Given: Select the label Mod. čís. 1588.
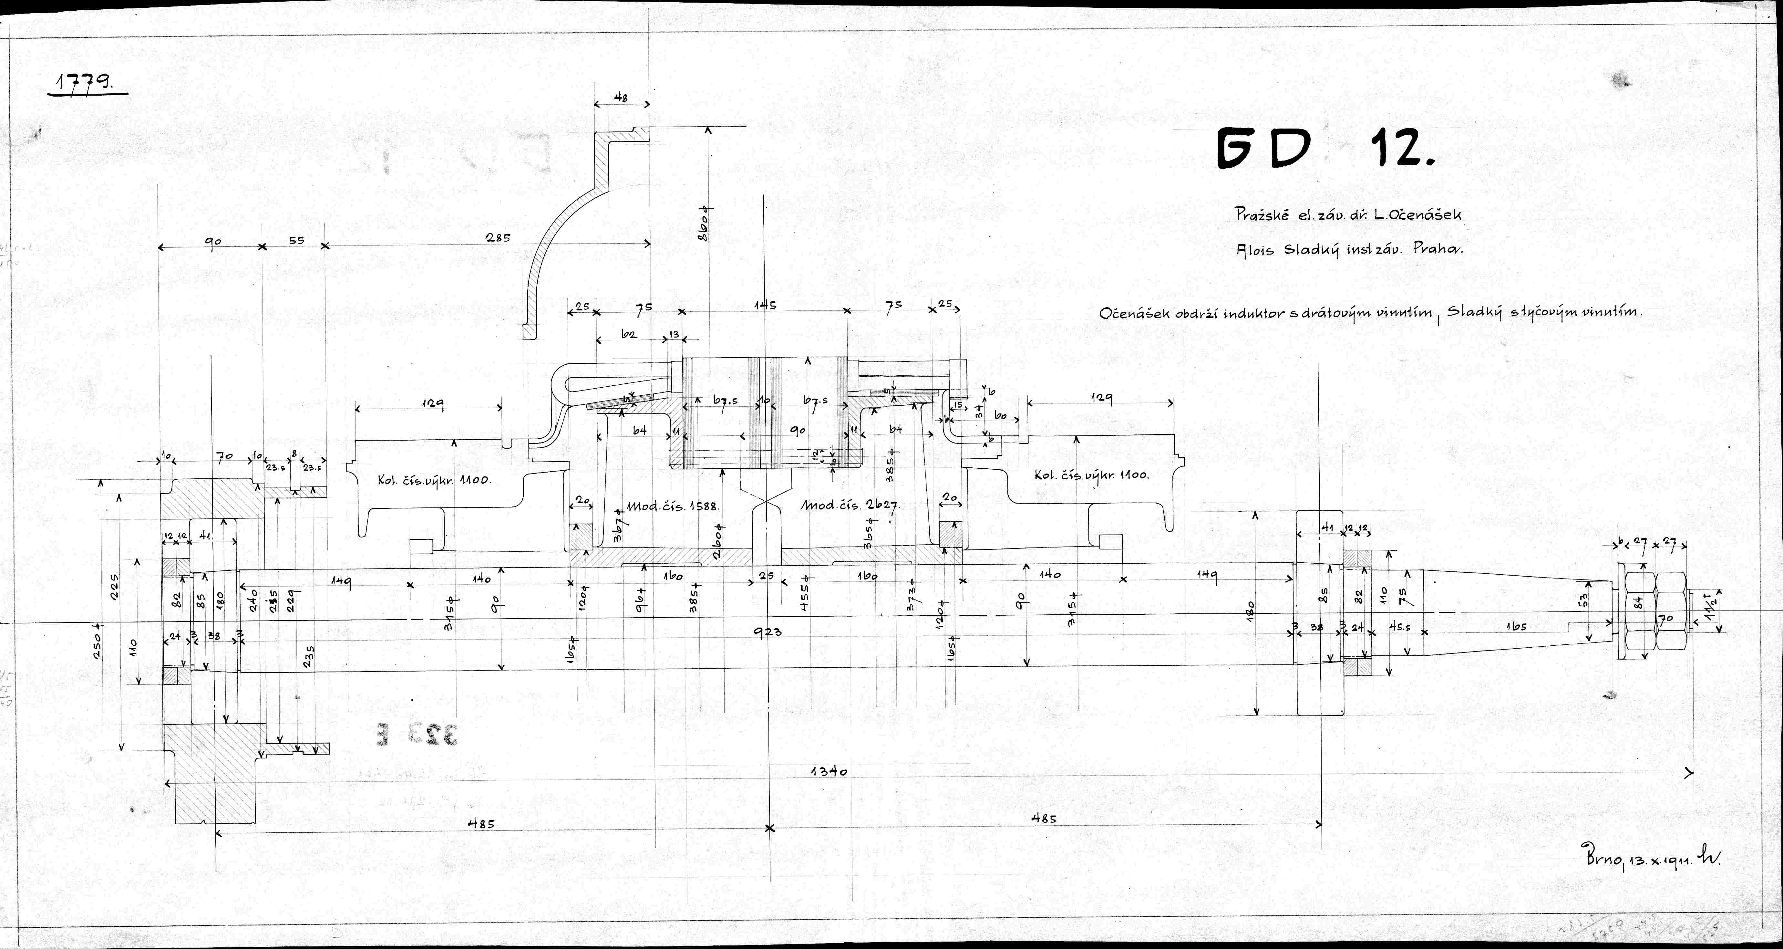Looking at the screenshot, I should click(673, 506).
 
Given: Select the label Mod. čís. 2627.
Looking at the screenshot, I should click(849, 506).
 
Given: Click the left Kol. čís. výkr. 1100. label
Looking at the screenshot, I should click(434, 480).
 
